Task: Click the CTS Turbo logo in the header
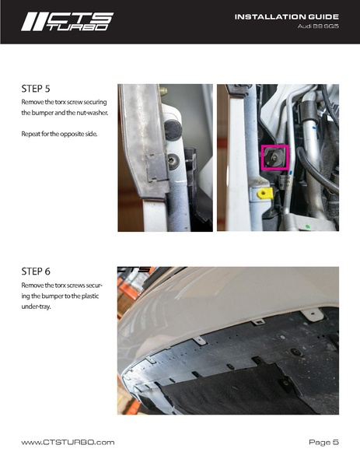point(67,21)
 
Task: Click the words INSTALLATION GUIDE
point(286,16)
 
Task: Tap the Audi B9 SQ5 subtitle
point(318,26)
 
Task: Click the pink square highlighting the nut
point(274,157)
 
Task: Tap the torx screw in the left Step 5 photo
point(172,162)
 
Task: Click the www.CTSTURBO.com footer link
point(68,442)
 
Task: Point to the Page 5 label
point(323,442)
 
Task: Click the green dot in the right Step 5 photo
point(308,227)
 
